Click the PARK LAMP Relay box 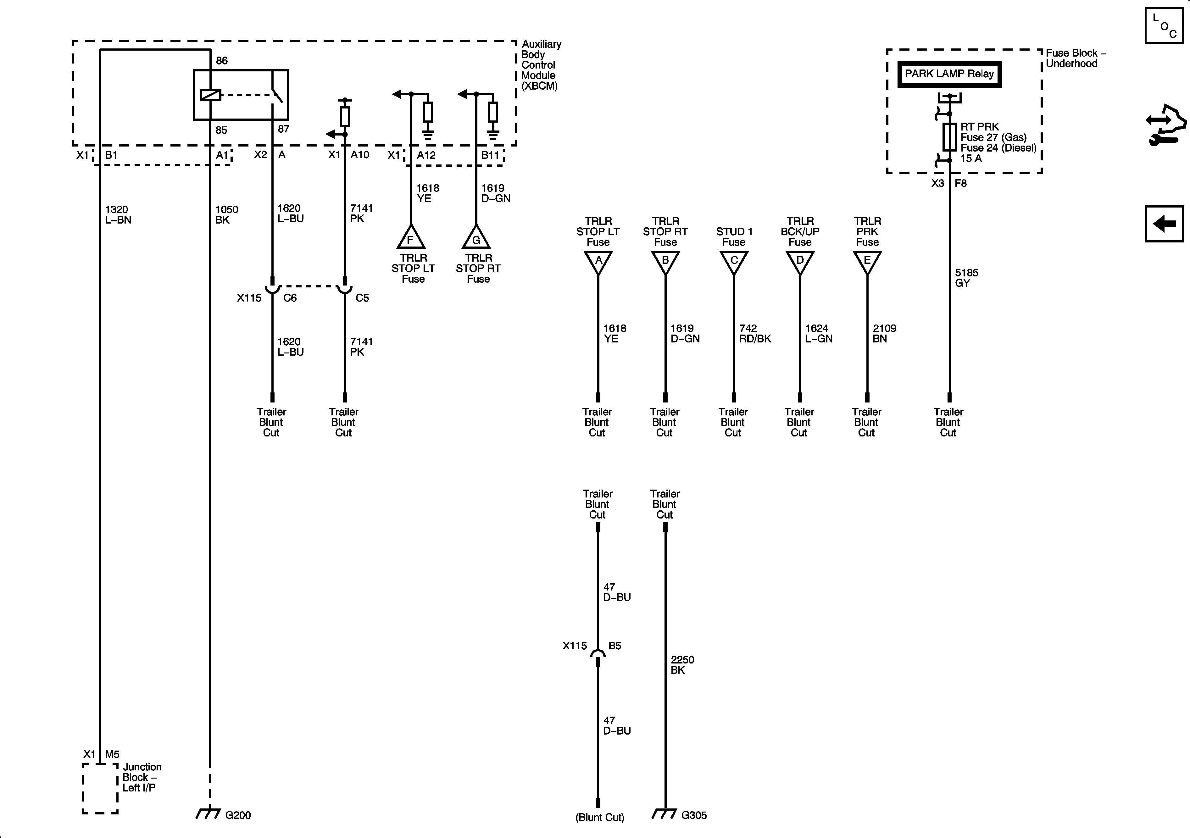coord(949,74)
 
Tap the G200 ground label coord(238,815)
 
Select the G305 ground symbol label coord(693,815)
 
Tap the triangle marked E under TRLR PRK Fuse coord(867,261)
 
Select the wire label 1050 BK coord(226,214)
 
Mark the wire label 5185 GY coord(966,278)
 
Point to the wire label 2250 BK coord(682,665)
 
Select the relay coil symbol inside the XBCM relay coord(210,95)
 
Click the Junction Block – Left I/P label coord(142,777)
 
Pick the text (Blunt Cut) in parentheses coord(600,817)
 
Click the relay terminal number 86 coord(221,61)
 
